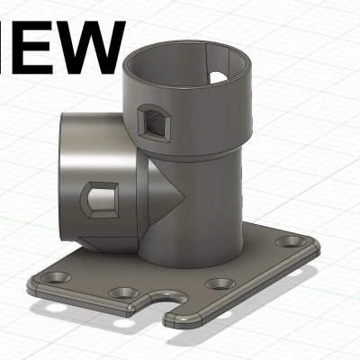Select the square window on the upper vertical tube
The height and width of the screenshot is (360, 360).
(x=152, y=119)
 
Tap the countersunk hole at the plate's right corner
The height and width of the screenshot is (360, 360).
(x=293, y=242)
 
